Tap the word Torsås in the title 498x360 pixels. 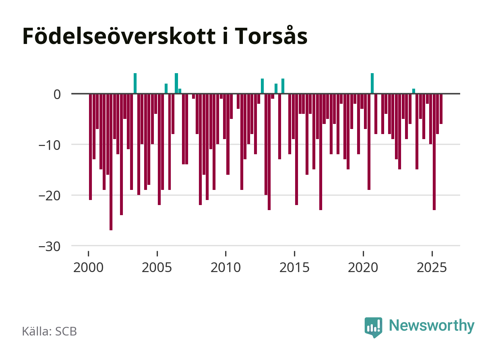point(271,36)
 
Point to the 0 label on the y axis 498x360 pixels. point(57,94)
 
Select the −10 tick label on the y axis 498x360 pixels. point(50,145)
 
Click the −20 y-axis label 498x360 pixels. point(50,196)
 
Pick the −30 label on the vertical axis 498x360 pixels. point(50,247)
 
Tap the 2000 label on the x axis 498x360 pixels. point(88,267)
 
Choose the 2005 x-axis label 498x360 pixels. point(157,267)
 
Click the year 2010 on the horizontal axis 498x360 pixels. point(226,267)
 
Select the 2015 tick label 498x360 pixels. point(294,267)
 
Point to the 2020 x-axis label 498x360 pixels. point(363,267)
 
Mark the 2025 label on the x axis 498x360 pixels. point(432,267)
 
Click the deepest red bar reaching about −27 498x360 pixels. point(111,162)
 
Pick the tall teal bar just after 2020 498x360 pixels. point(372,84)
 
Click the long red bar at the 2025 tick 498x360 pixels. point(434,152)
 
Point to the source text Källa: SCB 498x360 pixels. point(49,332)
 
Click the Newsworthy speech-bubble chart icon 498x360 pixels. point(373,327)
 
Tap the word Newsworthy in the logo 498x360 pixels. point(432,325)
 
